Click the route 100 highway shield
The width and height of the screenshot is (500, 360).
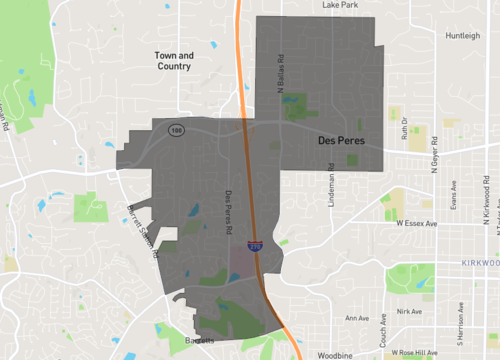point(178,130)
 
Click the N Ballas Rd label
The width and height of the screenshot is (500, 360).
point(281,74)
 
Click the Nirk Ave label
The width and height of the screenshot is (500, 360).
point(409,311)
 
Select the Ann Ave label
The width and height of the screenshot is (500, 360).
point(356,319)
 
